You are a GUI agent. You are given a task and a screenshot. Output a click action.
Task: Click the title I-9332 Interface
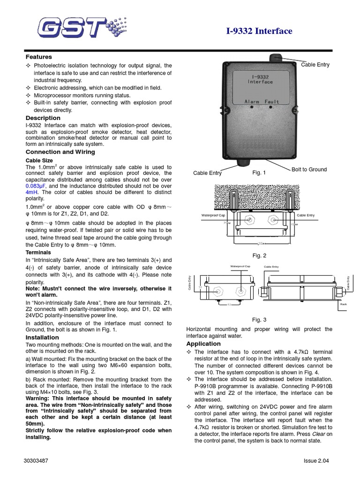pyautogui.click(x=259, y=31)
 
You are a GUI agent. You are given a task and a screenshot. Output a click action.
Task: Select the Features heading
pyautogui.click(x=38, y=57)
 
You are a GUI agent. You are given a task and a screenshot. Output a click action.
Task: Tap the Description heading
pyautogui.click(x=43, y=118)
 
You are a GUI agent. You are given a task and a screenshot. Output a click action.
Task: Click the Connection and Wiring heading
pyautogui.click(x=60, y=152)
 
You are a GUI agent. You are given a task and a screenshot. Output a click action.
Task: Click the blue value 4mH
pyautogui.click(x=31, y=192)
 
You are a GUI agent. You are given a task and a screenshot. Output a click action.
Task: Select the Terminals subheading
pyautogui.click(x=38, y=252)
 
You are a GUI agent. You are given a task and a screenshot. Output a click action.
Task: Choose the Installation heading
pyautogui.click(x=42, y=337)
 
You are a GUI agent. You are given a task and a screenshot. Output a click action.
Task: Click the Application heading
pyautogui.click(x=203, y=344)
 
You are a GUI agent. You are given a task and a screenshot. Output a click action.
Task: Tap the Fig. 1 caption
pyautogui.click(x=259, y=172)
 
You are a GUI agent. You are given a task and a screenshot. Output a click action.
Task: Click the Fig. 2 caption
pyautogui.click(x=259, y=255)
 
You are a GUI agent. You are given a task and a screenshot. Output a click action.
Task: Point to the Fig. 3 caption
pyautogui.click(x=259, y=320)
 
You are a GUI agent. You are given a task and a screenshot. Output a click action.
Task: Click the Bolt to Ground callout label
pyautogui.click(x=309, y=169)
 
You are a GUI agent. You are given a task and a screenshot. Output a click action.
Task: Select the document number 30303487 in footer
pyautogui.click(x=37, y=460)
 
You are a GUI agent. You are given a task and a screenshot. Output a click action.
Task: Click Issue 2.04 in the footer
pyautogui.click(x=316, y=460)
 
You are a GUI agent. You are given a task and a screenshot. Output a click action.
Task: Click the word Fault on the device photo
pyautogui.click(x=272, y=101)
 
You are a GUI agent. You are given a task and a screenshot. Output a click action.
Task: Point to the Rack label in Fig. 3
pyautogui.click(x=343, y=304)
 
